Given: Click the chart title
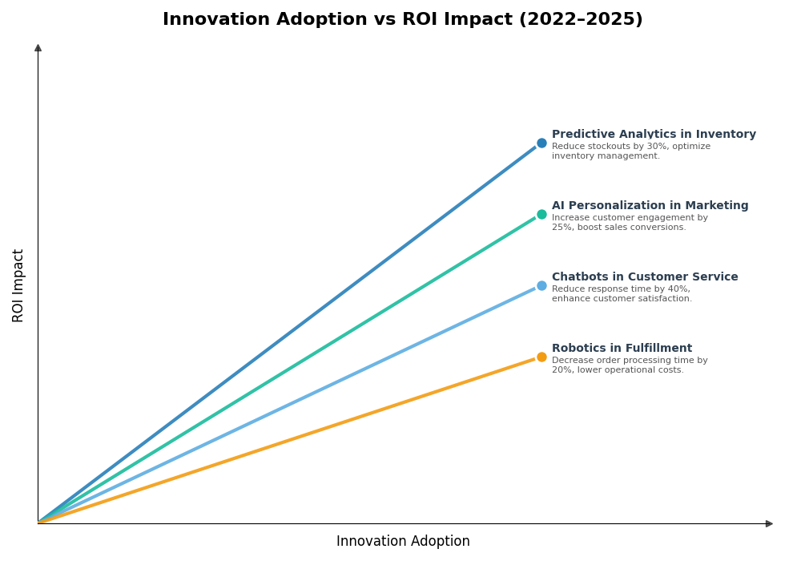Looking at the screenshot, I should click(x=402, y=19).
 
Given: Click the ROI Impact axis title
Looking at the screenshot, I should click(x=18, y=285).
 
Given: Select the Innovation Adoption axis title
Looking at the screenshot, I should click(x=403, y=542).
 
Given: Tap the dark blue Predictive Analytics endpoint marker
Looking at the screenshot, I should click(x=541, y=143).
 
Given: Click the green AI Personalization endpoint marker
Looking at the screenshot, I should click(x=541, y=215).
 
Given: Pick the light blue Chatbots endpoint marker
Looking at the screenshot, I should click(x=541, y=286).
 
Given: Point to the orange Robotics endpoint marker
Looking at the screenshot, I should click(x=541, y=357).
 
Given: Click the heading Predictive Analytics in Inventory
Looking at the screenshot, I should click(x=654, y=135).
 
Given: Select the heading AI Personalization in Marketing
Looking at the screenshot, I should click(x=650, y=206).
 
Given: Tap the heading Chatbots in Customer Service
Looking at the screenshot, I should click(x=645, y=277).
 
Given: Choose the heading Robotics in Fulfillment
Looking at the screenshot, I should click(x=622, y=349).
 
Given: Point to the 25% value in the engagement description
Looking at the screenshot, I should click(x=562, y=228).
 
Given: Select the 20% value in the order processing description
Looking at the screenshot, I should click(x=562, y=370).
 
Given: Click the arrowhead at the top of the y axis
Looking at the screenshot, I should click(x=38, y=48).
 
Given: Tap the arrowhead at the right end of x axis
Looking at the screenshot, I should click(x=769, y=523).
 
